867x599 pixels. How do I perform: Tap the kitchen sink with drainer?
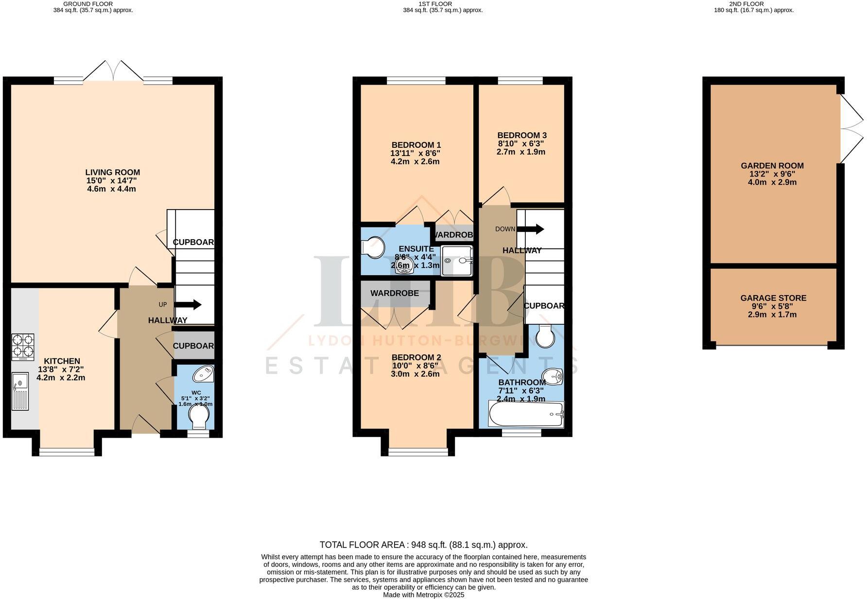click(x=20, y=391)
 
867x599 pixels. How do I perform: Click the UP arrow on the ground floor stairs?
click(x=188, y=305)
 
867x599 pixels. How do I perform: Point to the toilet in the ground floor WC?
click(x=198, y=417)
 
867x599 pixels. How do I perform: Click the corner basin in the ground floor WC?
click(x=203, y=375)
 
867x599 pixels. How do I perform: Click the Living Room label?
click(x=112, y=172)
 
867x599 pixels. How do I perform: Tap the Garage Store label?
click(x=773, y=298)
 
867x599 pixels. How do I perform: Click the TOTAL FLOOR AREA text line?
click(x=423, y=545)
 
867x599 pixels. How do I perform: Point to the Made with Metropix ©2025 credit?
click(x=423, y=595)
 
